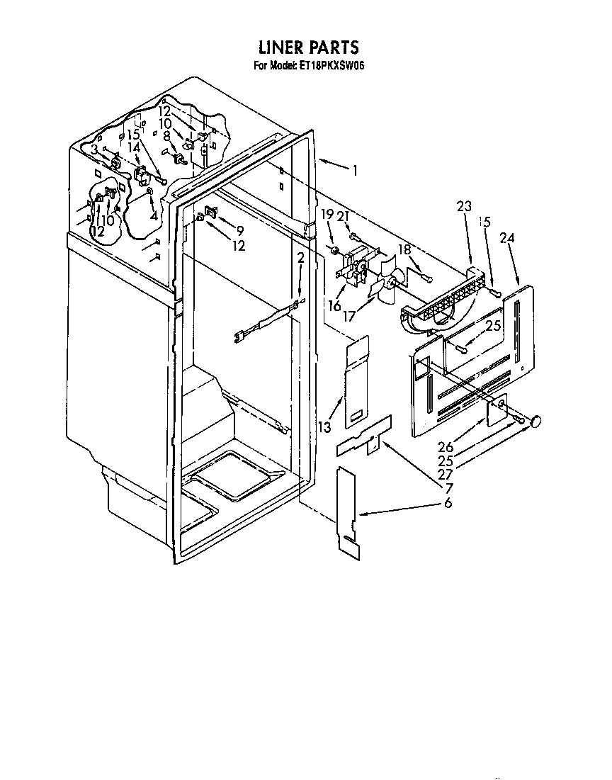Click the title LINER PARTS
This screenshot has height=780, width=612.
pos(309,47)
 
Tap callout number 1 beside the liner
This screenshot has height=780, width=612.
pos(354,171)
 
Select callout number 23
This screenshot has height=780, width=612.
pos(464,205)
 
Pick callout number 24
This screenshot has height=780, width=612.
pos(507,238)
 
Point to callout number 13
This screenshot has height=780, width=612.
pos(324,426)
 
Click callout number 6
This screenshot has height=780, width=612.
pos(448,503)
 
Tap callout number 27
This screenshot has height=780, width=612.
pos(446,475)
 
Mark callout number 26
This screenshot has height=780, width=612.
pos(446,446)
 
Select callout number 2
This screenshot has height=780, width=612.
pos(300,258)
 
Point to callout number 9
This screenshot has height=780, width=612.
pos(240,230)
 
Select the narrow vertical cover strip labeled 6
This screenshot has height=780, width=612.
pos(348,510)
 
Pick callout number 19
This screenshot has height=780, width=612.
pos(327,215)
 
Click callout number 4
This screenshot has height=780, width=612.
pos(154,216)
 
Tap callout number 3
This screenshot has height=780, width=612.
pos(94,149)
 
